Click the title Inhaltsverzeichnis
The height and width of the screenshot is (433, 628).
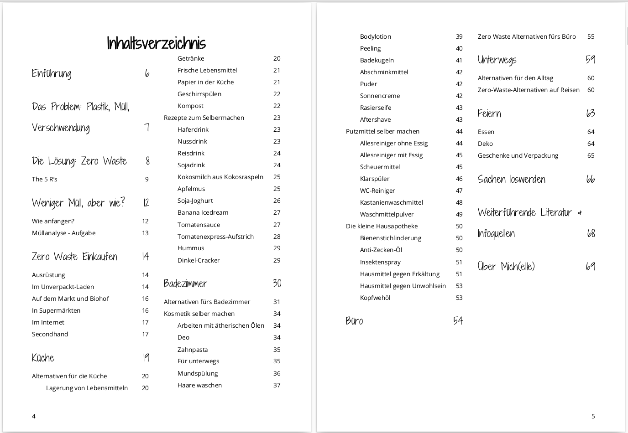(x=156, y=43)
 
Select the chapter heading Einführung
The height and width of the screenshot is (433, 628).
(x=52, y=73)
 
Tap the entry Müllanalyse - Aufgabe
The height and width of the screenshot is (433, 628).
(x=63, y=233)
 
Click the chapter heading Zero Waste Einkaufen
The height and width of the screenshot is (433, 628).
(x=74, y=257)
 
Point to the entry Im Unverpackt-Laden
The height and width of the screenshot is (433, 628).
(x=63, y=287)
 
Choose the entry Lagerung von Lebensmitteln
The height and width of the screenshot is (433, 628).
(x=87, y=388)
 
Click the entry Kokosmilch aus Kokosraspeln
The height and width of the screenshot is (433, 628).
(x=220, y=177)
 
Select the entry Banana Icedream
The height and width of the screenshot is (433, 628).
(x=203, y=212)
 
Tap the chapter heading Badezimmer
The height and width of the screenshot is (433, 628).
(x=185, y=284)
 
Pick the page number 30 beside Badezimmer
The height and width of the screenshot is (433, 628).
(x=277, y=284)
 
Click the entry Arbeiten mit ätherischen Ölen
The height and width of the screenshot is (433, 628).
(x=221, y=325)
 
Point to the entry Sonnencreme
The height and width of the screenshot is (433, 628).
(x=380, y=96)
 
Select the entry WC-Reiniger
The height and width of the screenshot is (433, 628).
(x=377, y=191)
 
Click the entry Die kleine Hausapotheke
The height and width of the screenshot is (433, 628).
(x=382, y=226)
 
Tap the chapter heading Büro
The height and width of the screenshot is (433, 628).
(x=355, y=321)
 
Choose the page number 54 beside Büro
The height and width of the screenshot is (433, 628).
(x=458, y=321)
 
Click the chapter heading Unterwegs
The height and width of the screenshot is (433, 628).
(x=497, y=60)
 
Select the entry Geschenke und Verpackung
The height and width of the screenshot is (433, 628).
(x=518, y=155)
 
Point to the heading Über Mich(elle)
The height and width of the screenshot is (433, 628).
(x=506, y=267)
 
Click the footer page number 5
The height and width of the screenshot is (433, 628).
(x=593, y=416)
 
